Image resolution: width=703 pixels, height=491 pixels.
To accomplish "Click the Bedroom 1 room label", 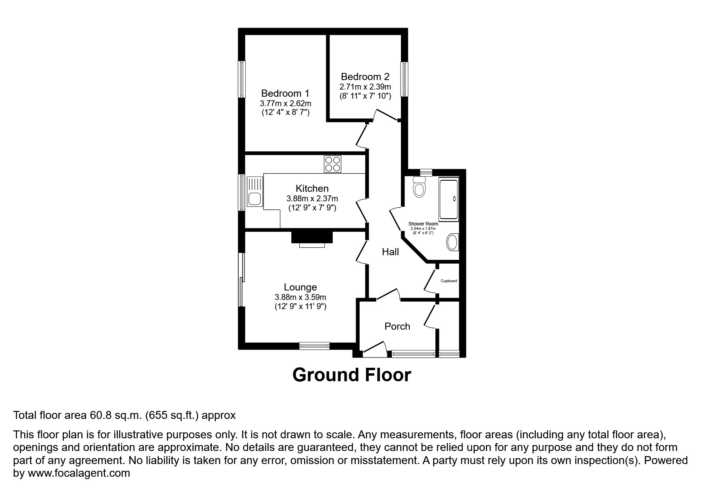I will tap(285, 94).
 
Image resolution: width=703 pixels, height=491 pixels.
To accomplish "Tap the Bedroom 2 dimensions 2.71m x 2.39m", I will tap(365, 87).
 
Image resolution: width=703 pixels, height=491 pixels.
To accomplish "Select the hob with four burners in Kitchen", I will tap(333, 164).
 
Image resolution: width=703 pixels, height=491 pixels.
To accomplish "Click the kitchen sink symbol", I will tap(254, 192).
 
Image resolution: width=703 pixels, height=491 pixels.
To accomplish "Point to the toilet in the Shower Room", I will tap(419, 187).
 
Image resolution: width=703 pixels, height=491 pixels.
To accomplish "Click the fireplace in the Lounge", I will tap(312, 239).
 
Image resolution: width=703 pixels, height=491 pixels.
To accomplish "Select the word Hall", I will tap(390, 252).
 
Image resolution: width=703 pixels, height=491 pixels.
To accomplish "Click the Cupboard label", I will tap(449, 281).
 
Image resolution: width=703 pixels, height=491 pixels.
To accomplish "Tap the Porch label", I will tap(397, 326).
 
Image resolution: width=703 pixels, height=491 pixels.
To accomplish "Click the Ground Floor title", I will tap(351, 375).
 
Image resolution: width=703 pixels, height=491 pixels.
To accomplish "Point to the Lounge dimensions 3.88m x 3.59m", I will tap(300, 297).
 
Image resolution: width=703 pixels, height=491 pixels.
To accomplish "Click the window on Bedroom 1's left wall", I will tap(241, 79).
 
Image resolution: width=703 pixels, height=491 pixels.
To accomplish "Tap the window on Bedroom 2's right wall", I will tap(404, 79).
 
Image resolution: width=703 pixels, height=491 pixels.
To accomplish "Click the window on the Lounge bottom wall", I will tap(314, 346).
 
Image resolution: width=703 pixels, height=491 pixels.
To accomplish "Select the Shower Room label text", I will tap(423, 224).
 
